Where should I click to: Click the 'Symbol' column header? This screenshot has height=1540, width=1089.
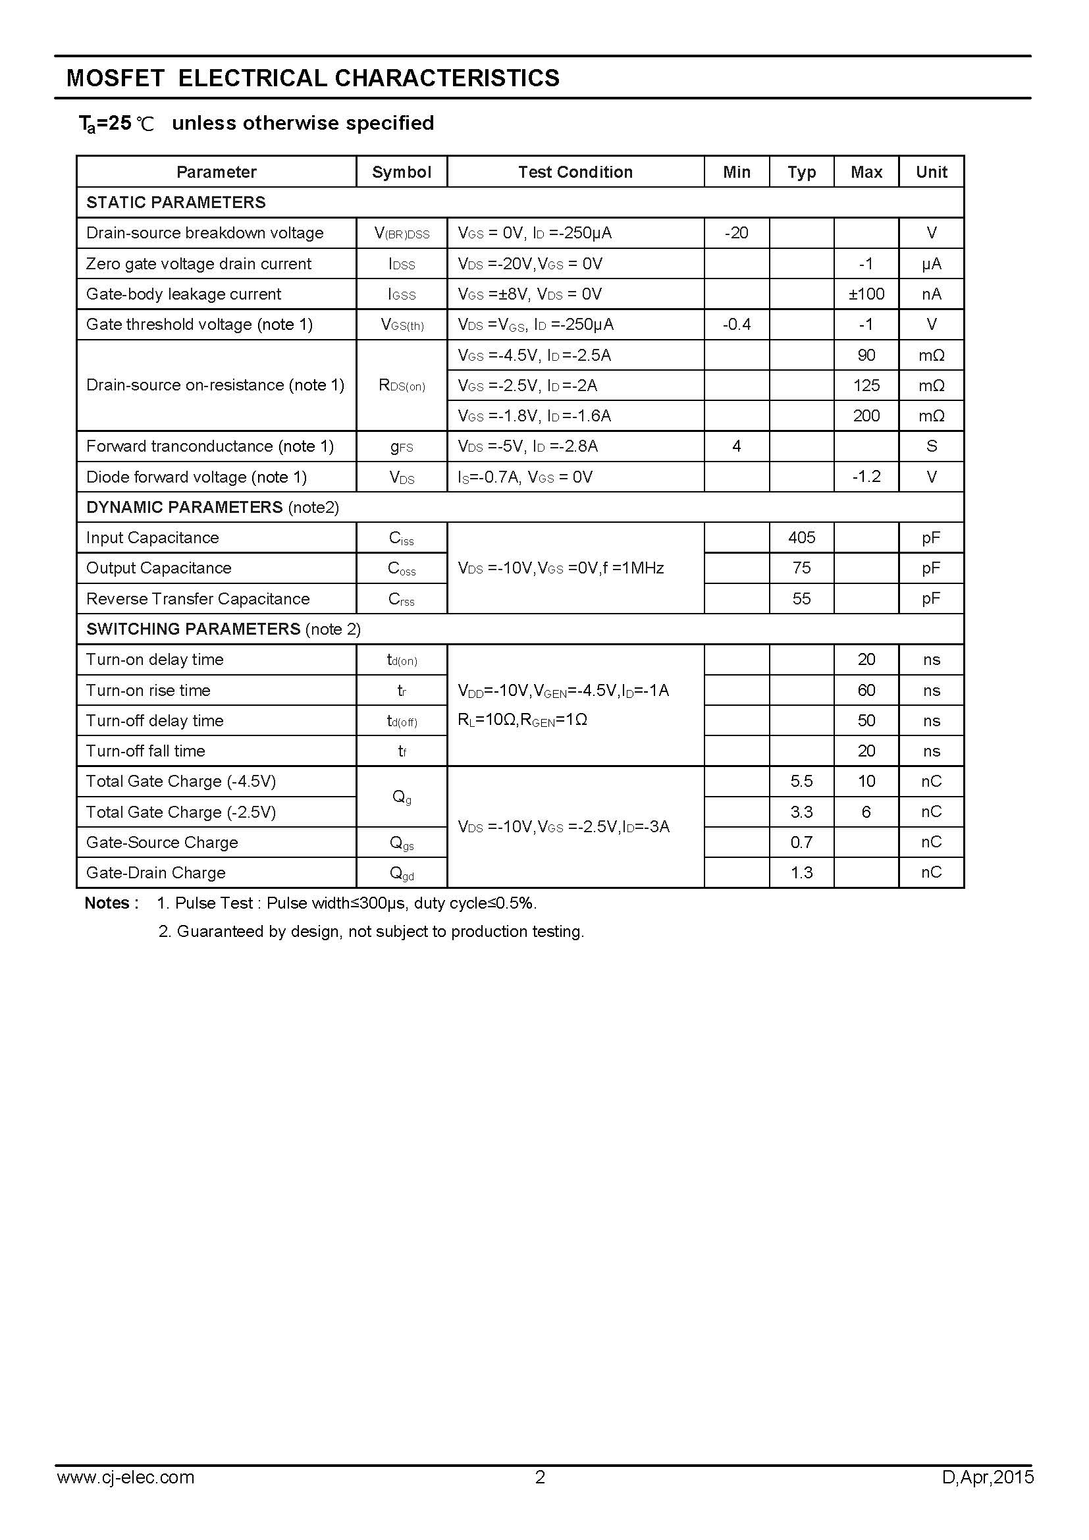tap(401, 172)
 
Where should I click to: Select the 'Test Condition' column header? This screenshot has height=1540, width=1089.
tap(575, 172)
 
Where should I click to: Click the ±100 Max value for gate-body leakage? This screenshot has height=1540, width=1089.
tap(866, 294)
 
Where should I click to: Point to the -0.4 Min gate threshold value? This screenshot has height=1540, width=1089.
tap(735, 325)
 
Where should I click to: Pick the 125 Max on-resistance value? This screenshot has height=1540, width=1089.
tap(866, 385)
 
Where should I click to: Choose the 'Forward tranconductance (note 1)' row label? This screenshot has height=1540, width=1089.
tap(210, 446)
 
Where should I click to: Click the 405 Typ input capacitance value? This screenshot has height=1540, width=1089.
tap(801, 537)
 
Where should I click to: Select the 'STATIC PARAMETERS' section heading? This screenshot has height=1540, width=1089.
tap(176, 203)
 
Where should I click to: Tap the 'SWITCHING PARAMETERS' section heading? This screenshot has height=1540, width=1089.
tap(193, 629)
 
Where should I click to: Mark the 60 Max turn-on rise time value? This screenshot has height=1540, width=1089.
tap(866, 690)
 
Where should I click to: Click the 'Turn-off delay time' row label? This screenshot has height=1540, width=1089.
tap(155, 720)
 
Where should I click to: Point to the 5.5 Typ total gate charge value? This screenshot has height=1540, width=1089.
tap(801, 782)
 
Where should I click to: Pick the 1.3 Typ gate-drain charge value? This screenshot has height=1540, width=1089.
tap(801, 872)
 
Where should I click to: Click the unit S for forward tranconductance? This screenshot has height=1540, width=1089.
tap(931, 446)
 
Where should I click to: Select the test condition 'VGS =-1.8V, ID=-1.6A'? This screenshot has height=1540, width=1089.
tap(535, 416)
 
